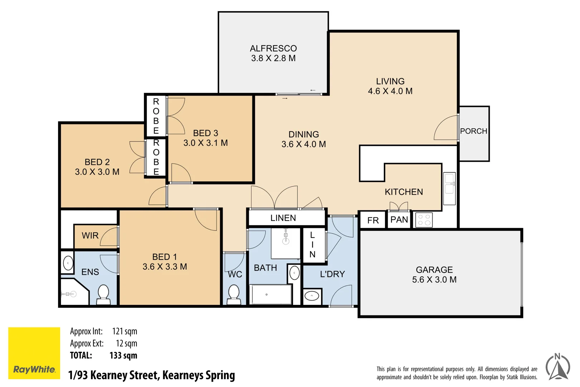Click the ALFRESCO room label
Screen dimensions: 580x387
(273, 48)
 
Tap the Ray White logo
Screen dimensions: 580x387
(34, 353)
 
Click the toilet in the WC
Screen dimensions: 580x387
(233, 295)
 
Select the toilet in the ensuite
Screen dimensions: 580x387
(103, 295)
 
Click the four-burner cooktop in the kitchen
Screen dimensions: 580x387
(424, 220)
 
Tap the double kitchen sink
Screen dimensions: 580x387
(449, 188)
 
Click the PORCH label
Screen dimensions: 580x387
(474, 131)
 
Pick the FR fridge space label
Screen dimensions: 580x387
(373, 220)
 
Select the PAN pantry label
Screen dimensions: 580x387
(399, 220)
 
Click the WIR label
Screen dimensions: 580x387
(90, 236)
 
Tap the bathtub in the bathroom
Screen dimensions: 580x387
(270, 295)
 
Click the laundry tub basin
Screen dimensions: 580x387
(312, 296)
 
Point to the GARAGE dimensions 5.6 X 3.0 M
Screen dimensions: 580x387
(434, 279)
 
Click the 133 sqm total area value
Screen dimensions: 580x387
(123, 355)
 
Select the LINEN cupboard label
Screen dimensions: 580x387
(283, 218)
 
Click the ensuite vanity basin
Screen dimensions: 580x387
(68, 263)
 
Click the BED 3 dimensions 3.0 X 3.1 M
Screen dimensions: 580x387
(206, 143)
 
